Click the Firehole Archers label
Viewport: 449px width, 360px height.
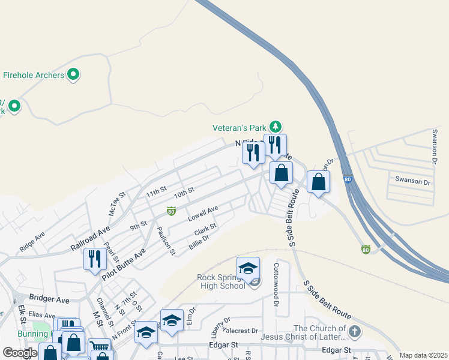tap(34, 75)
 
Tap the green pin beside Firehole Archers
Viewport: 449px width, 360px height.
tap(74, 75)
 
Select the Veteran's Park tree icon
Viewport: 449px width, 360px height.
tap(275, 127)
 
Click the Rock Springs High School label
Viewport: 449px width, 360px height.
tap(221, 281)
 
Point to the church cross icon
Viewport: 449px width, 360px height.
tap(355, 331)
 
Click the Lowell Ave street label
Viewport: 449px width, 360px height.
tap(202, 213)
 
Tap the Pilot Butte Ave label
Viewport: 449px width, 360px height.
tap(124, 264)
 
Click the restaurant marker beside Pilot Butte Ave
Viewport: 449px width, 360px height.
tap(95, 259)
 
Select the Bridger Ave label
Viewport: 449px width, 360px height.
tap(50, 299)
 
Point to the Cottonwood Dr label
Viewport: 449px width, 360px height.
tap(276, 285)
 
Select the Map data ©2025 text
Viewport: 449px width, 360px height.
tap(423, 355)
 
